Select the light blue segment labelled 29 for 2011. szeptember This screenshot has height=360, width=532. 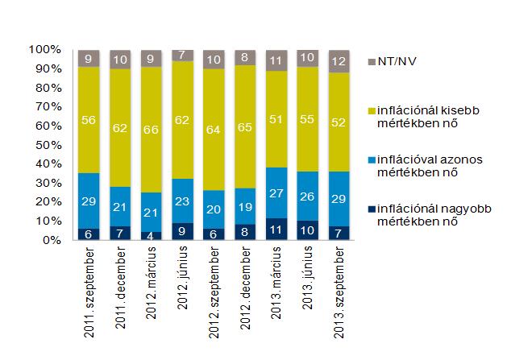[x=89, y=201]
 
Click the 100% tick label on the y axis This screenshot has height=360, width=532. [x=44, y=50]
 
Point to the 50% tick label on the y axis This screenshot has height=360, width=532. [x=47, y=145]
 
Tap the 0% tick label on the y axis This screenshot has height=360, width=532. [x=50, y=240]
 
